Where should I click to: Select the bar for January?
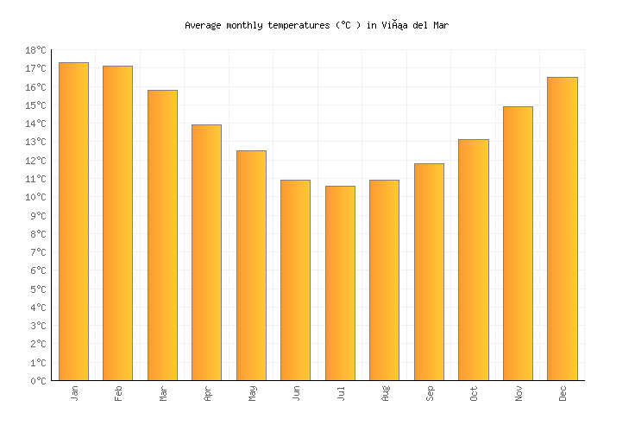tap(73, 221)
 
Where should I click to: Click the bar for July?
tap(340, 283)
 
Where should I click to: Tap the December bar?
tap(563, 229)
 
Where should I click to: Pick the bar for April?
tap(206, 252)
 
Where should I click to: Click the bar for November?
tap(518, 244)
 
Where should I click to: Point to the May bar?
tap(251, 265)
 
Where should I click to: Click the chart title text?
tap(317, 25)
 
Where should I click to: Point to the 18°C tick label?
tap(35, 51)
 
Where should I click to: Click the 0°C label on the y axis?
tap(38, 381)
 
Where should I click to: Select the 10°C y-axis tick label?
tap(35, 198)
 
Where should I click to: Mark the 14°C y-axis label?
tap(35, 124)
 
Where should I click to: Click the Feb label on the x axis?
tap(118, 393)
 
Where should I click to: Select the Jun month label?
tap(296, 393)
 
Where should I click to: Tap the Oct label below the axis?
tap(474, 393)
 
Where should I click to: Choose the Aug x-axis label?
tap(385, 393)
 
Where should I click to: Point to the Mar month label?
tap(163, 393)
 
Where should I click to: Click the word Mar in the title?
tap(440, 25)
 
